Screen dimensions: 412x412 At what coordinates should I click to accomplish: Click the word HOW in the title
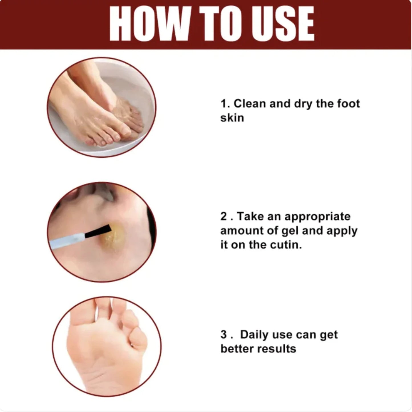tap(149, 23)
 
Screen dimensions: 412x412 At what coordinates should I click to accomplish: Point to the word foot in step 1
tap(348, 104)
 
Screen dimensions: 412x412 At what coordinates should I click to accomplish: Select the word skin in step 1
tap(232, 118)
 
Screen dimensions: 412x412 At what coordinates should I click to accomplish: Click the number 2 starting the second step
tap(224, 216)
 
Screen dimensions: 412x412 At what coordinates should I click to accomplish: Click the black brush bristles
tap(98, 231)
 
